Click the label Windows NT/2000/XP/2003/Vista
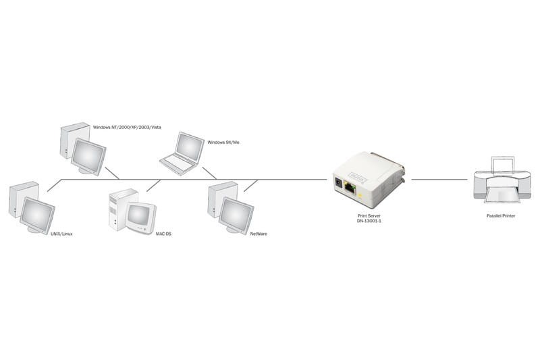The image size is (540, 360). [127, 127]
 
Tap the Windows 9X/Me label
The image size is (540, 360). [223, 143]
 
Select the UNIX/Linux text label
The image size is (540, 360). [61, 234]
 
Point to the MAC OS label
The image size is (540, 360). [163, 234]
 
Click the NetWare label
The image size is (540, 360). [259, 234]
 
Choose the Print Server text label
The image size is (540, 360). [369, 215]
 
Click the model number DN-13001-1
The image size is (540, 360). [369, 221]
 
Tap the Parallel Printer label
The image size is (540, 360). [501, 215]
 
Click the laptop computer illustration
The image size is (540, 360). [182, 153]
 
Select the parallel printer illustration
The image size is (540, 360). [502, 180]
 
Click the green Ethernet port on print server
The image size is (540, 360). [350, 188]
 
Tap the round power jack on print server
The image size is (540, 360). [338, 183]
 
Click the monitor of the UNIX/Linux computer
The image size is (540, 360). [37, 215]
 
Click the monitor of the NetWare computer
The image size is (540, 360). [236, 215]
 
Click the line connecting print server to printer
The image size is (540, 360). [439, 180]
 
